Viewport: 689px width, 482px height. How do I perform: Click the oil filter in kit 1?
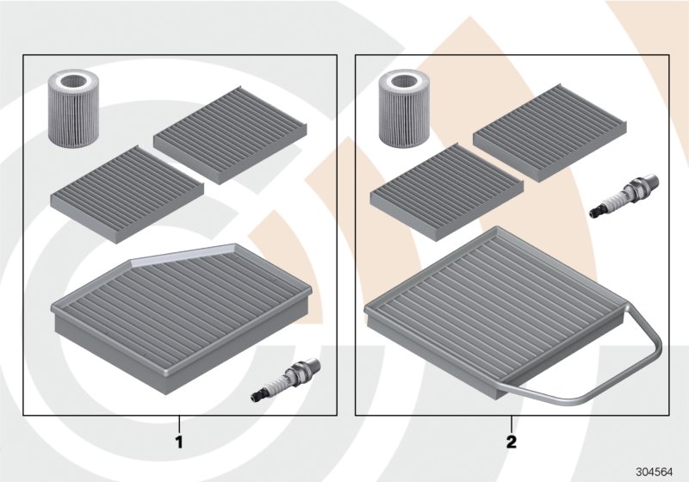(x=72, y=108)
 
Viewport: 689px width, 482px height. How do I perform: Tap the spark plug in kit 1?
(x=286, y=380)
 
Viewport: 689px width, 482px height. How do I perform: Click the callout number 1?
(x=179, y=442)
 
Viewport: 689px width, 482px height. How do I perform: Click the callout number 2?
(x=512, y=442)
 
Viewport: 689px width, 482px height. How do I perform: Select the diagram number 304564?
(x=655, y=473)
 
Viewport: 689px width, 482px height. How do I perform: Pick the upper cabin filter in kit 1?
(x=230, y=135)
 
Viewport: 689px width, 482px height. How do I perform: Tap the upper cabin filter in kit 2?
(x=550, y=133)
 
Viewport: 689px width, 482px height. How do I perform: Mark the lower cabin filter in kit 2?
(x=447, y=192)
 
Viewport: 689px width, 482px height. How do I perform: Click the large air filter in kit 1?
(x=182, y=318)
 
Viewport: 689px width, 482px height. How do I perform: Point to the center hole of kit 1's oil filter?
(x=72, y=82)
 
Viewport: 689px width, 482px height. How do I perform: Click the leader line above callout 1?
(x=179, y=424)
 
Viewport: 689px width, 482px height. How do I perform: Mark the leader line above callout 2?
(x=512, y=424)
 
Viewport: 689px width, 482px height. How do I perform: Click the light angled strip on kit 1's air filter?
(x=184, y=254)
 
